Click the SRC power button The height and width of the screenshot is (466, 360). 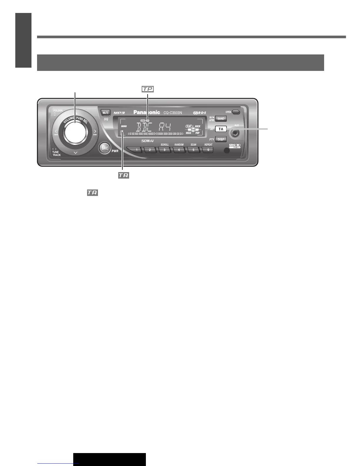pos(105,148)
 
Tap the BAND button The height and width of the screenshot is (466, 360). pos(221,119)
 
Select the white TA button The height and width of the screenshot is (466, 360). pos(221,129)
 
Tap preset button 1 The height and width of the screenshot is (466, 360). pos(136,150)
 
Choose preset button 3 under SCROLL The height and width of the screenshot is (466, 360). pos(164,150)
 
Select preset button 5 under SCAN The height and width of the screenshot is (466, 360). pos(193,150)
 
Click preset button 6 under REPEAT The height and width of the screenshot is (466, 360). pos(208,150)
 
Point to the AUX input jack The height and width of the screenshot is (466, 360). pos(235,133)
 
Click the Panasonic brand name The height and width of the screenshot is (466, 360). pos(147,112)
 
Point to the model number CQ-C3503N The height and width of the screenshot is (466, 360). pos(173,112)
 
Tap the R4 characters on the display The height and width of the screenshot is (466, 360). pos(165,128)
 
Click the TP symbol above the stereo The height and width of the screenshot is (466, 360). pos(148,89)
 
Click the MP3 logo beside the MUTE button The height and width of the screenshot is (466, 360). pos(119,113)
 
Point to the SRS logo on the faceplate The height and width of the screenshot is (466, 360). pos(235,145)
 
